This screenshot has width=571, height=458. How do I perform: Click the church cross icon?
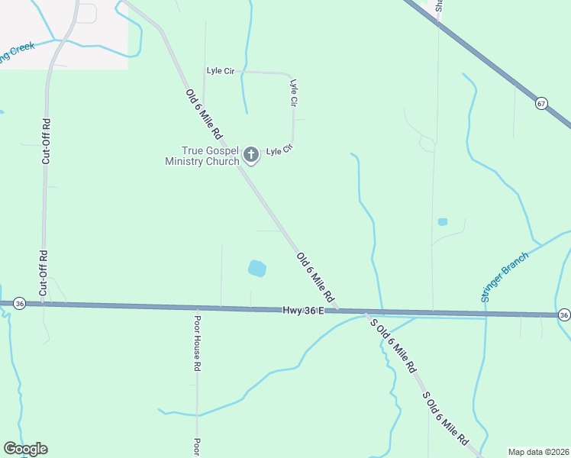250,156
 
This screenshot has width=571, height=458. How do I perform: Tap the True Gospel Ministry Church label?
203,156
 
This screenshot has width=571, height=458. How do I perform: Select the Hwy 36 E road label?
304,310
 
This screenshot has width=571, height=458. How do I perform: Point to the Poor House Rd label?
196,343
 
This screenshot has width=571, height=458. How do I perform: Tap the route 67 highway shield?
541,104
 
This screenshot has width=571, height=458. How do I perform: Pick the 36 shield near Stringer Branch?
563,314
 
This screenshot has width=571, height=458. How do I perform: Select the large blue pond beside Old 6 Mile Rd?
257,269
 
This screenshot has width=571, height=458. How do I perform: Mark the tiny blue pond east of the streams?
442,222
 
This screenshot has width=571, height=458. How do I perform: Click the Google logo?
25,449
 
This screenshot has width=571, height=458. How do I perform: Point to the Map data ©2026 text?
539,451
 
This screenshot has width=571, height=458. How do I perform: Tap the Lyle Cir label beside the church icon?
279,150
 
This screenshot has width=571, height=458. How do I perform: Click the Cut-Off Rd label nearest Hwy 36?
44,273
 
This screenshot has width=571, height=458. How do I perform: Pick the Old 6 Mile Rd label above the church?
204,114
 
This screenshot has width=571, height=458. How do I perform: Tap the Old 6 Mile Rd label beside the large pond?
315,277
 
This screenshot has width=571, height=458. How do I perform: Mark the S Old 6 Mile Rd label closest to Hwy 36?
393,345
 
